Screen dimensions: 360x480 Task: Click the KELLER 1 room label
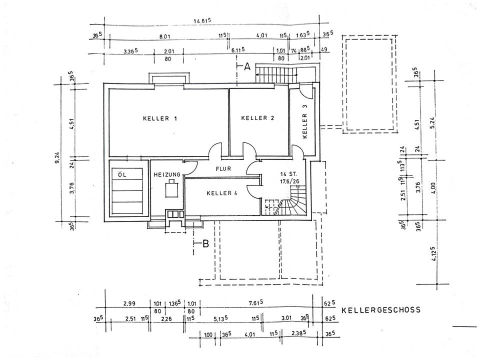click(160, 118)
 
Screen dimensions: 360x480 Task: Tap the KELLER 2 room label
click(258, 118)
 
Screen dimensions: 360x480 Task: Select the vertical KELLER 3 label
click(305, 122)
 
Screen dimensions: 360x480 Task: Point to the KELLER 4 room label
click(221, 193)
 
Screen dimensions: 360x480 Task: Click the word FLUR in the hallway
click(223, 169)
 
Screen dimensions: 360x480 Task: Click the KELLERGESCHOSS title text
click(381, 310)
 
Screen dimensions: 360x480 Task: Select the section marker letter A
click(246, 67)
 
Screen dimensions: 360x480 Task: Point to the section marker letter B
click(204, 244)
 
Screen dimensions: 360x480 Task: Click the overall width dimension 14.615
click(202, 20)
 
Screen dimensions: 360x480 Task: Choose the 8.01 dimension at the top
click(165, 36)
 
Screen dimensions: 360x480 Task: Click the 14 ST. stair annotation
click(289, 174)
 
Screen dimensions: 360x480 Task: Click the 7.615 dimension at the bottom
click(255, 303)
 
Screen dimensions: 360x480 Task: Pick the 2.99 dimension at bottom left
click(129, 303)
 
